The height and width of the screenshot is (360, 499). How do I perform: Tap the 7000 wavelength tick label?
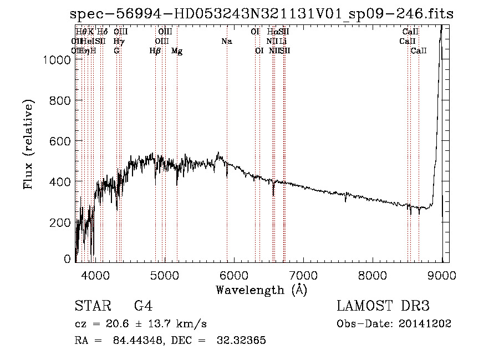coord(303,275)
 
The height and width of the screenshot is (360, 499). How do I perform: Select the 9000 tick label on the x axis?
coord(442,275)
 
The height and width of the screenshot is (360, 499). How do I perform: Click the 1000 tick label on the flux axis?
coord(57,60)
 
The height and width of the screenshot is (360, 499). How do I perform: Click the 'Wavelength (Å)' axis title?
coord(261,290)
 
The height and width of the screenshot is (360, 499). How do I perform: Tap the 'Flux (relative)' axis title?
coord(28,145)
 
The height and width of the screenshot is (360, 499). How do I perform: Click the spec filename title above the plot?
coord(262,14)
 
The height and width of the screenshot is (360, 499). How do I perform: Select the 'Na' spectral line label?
coord(226,41)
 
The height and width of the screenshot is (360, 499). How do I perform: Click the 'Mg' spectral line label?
coord(177,51)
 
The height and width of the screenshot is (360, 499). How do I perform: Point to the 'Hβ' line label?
coord(155,51)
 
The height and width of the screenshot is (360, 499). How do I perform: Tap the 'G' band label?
coord(116,51)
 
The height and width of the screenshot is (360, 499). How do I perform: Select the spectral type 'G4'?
coord(143,306)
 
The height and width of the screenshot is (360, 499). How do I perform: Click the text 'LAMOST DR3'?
coord(383,306)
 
